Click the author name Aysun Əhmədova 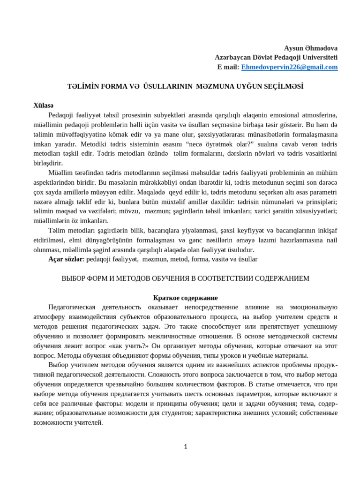(x=311, y=48)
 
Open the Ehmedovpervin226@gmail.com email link (x=289, y=67)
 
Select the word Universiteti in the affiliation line (x=318, y=58)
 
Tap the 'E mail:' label (x=228, y=67)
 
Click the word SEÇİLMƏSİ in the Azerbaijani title (x=279, y=86)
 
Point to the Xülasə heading (x=44, y=105)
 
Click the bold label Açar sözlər (x=66, y=259)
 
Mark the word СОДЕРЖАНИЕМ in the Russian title (x=281, y=278)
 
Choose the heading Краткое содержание (x=186, y=298)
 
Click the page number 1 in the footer (x=186, y=447)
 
